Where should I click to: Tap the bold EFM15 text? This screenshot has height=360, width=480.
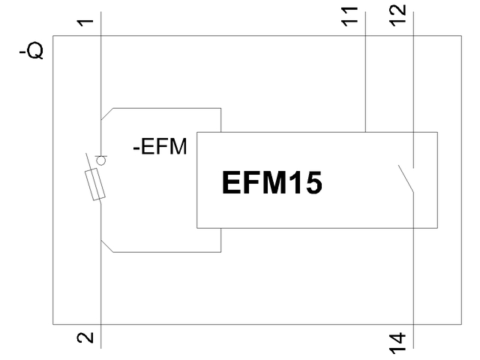[x=271, y=184]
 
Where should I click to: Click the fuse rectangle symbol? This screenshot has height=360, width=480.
[x=94, y=184]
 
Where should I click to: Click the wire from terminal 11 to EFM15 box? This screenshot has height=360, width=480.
[x=364, y=82]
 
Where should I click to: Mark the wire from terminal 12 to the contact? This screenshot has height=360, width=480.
[x=412, y=90]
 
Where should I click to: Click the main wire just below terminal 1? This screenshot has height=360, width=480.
[x=100, y=67]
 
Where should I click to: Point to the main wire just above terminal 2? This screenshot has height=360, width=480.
[x=100, y=300]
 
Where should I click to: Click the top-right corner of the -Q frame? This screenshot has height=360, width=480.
[x=461, y=34]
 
